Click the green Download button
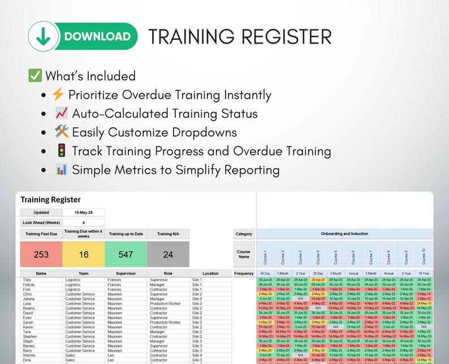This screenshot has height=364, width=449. pyautogui.click(x=83, y=37)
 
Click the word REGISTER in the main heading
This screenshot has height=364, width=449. pyautogui.click(x=286, y=37)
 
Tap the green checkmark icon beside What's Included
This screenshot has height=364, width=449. pyautogui.click(x=35, y=76)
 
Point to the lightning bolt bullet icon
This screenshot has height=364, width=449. pyautogui.click(x=58, y=95)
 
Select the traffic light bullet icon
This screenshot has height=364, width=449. pyautogui.click(x=62, y=151)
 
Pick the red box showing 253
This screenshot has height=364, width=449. pyautogui.click(x=41, y=255)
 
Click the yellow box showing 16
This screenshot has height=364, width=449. pyautogui.click(x=83, y=255)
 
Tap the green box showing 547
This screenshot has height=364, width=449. pyautogui.click(x=126, y=255)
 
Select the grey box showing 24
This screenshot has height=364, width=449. pyautogui.click(x=168, y=255)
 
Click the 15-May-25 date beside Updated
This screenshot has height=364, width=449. pyautogui.click(x=83, y=212)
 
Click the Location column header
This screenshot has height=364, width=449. pyautogui.click(x=210, y=273)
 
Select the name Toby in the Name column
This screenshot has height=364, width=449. pyautogui.click(x=27, y=280)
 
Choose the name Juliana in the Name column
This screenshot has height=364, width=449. pyautogui.click(x=29, y=299)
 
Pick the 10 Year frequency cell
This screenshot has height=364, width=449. pyautogui.click(x=424, y=273)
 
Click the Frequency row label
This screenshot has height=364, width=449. pyautogui.click(x=244, y=273)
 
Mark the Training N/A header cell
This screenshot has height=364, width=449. pyautogui.click(x=168, y=234)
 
